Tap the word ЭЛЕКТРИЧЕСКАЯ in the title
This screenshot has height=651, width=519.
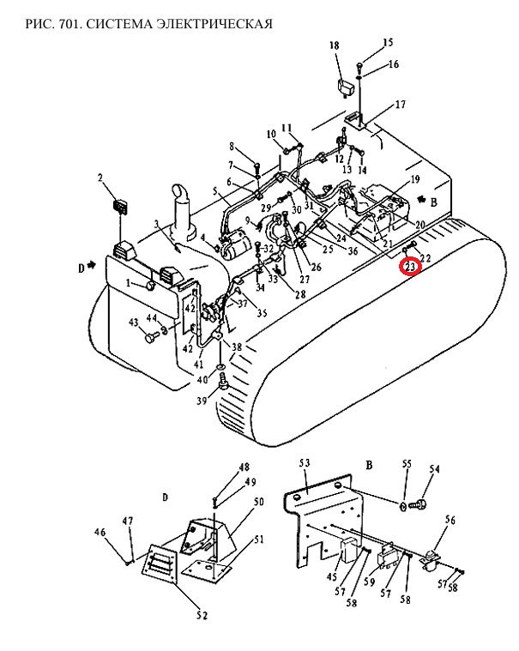tap(214, 24)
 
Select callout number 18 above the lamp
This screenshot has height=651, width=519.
tap(335, 45)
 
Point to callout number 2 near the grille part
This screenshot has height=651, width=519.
tap(100, 178)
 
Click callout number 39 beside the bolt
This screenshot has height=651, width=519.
tap(202, 401)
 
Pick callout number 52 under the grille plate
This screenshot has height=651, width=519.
tap(202, 615)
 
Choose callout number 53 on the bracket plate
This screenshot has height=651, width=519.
tap(305, 463)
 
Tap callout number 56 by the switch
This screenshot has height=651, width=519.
tap(450, 520)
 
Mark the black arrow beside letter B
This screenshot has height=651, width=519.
tap(421, 200)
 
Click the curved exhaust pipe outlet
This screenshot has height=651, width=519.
tap(181, 194)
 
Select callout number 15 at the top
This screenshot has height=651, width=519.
tap(388, 42)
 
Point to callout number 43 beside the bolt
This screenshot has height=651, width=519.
tap(133, 322)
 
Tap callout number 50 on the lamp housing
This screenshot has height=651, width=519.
tap(258, 502)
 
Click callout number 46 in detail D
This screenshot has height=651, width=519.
tap(100, 532)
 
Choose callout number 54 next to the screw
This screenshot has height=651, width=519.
tap(434, 468)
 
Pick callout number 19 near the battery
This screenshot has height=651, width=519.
tap(415, 179)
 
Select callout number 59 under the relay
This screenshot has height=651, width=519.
tap(369, 582)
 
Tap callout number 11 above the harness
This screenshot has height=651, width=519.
tap(287, 128)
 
